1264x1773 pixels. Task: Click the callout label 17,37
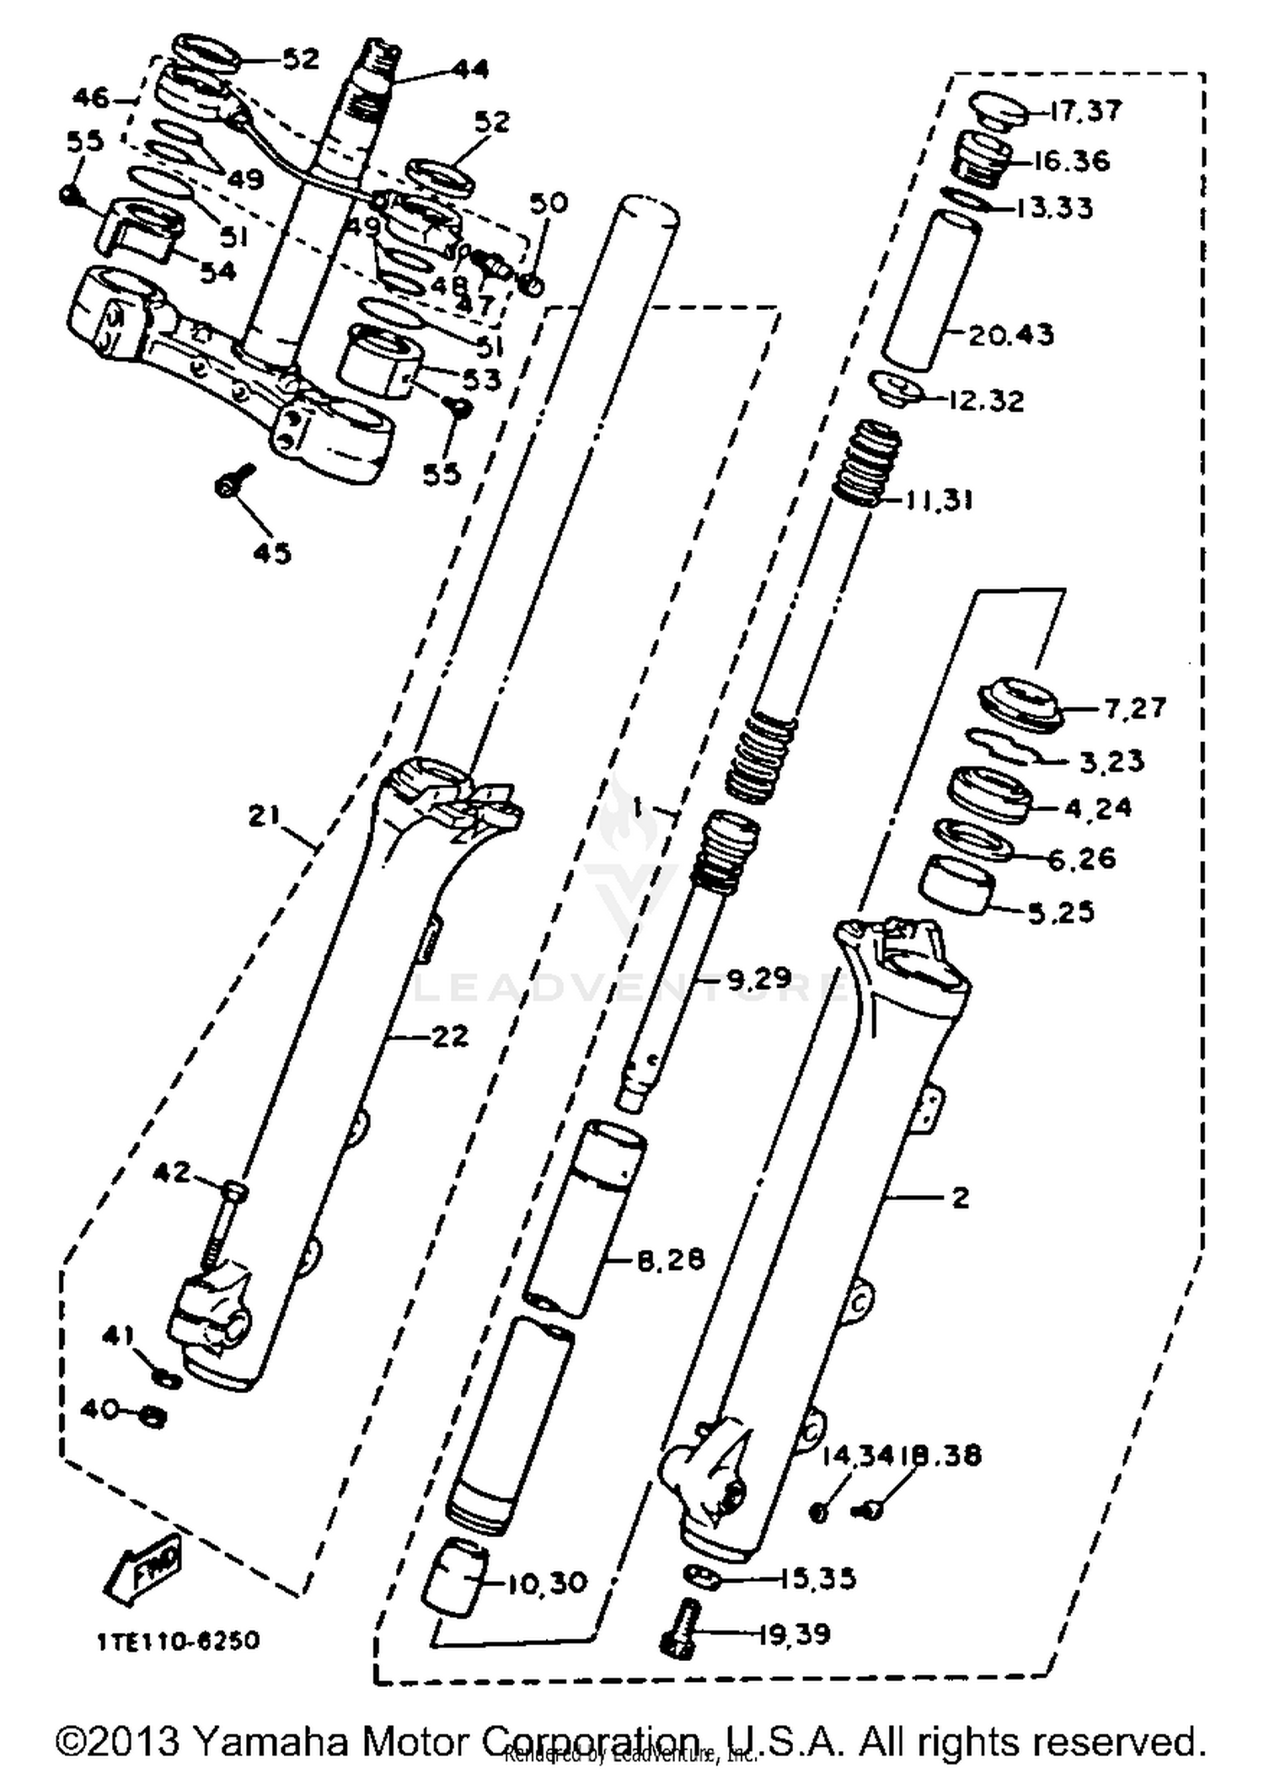pyautogui.click(x=1086, y=111)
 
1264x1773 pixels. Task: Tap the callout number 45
pyautogui.click(x=271, y=553)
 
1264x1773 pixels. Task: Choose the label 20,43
pyautogui.click(x=1010, y=334)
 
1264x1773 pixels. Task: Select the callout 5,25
pyautogui.click(x=1061, y=911)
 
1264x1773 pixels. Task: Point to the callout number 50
pyautogui.click(x=549, y=203)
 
